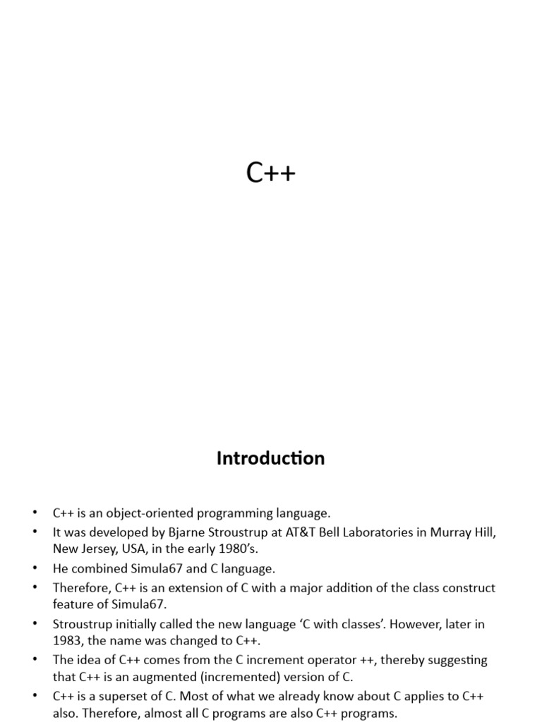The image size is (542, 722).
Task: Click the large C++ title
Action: (x=271, y=173)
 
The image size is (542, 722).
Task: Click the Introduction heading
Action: (x=271, y=458)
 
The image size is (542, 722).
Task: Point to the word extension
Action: (x=182, y=587)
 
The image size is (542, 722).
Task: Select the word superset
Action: (x=120, y=697)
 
